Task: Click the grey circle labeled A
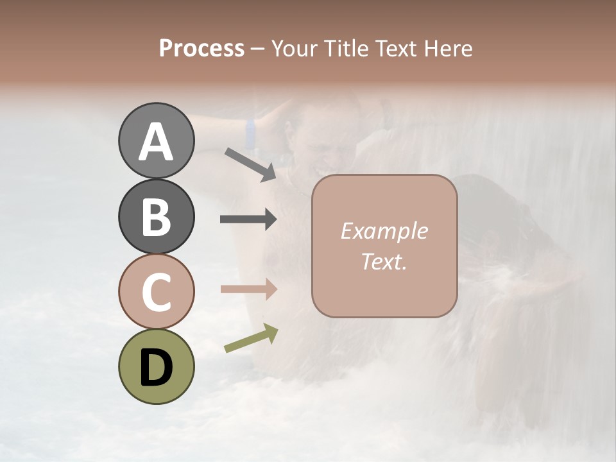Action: click(x=156, y=141)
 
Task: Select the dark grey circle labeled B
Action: click(x=156, y=216)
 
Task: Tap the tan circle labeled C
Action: click(x=156, y=291)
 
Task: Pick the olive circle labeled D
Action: click(x=156, y=366)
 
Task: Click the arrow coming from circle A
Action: click(x=250, y=163)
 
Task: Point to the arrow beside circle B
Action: click(x=248, y=219)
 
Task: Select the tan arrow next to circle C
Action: click(x=248, y=289)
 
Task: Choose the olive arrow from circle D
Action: click(x=251, y=338)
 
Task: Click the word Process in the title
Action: click(x=201, y=49)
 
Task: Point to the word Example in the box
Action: click(x=384, y=231)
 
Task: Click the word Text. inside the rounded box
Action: click(x=384, y=261)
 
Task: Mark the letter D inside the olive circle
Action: click(x=156, y=368)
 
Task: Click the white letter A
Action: click(x=156, y=142)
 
